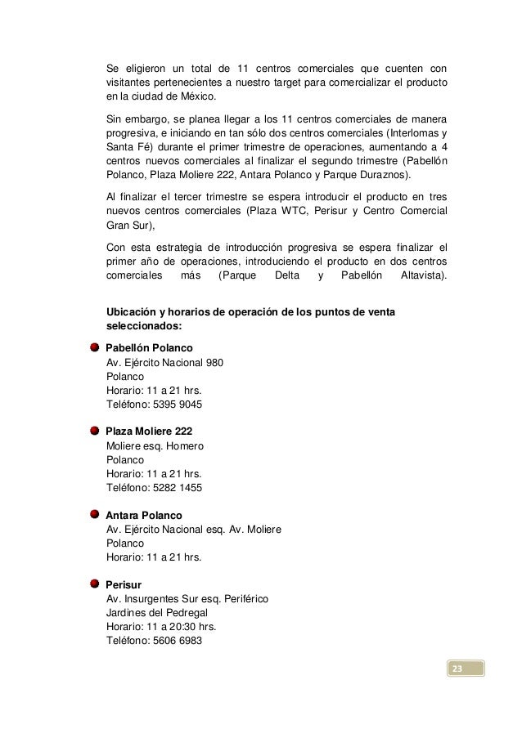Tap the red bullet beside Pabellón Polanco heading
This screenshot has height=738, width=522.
[96, 347]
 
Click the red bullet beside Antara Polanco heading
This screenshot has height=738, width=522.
[96, 515]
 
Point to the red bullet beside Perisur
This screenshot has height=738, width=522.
[96, 584]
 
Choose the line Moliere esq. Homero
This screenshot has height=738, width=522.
[155, 446]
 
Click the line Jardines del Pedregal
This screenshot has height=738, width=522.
[157, 613]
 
